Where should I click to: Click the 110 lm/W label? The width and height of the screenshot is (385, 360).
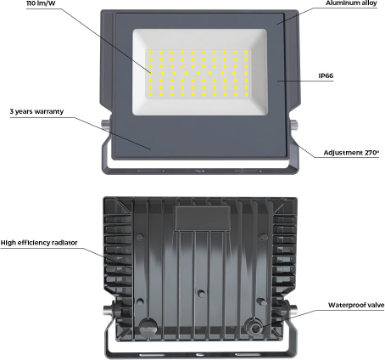pyautogui.click(x=41, y=3)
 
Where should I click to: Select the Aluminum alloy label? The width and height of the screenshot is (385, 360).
pyautogui.click(x=351, y=3)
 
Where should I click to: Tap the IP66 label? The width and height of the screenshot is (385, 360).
pyautogui.click(x=326, y=76)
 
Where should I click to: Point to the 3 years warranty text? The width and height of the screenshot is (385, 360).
pyautogui.click(x=36, y=111)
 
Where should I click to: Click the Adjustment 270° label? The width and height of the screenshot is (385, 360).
pyautogui.click(x=351, y=153)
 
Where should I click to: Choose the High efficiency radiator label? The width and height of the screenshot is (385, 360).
pyautogui.click(x=39, y=243)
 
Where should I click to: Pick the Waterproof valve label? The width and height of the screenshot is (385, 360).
pyautogui.click(x=356, y=305)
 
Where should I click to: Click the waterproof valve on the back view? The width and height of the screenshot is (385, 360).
pyautogui.click(x=255, y=329)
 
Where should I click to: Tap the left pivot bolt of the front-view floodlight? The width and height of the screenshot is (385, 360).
pyautogui.click(x=105, y=125)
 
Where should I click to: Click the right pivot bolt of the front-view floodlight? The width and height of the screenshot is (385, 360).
pyautogui.click(x=293, y=125)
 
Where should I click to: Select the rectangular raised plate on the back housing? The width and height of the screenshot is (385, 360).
pyautogui.click(x=203, y=218)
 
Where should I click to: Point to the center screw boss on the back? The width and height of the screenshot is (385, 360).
pyautogui.click(x=201, y=293)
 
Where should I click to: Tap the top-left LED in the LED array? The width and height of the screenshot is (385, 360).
pyautogui.click(x=151, y=53)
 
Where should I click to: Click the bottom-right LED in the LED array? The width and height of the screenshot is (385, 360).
pyautogui.click(x=246, y=94)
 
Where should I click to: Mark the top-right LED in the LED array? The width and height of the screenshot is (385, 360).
pyautogui.click(x=246, y=53)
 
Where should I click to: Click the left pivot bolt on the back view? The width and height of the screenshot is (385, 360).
pyautogui.click(x=109, y=309)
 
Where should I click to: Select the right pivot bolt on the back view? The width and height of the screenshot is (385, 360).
pyautogui.click(x=292, y=309)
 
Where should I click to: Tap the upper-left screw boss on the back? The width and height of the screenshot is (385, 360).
pyautogui.click(x=140, y=237)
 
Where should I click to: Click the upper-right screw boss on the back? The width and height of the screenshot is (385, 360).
pyautogui.click(x=264, y=237)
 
